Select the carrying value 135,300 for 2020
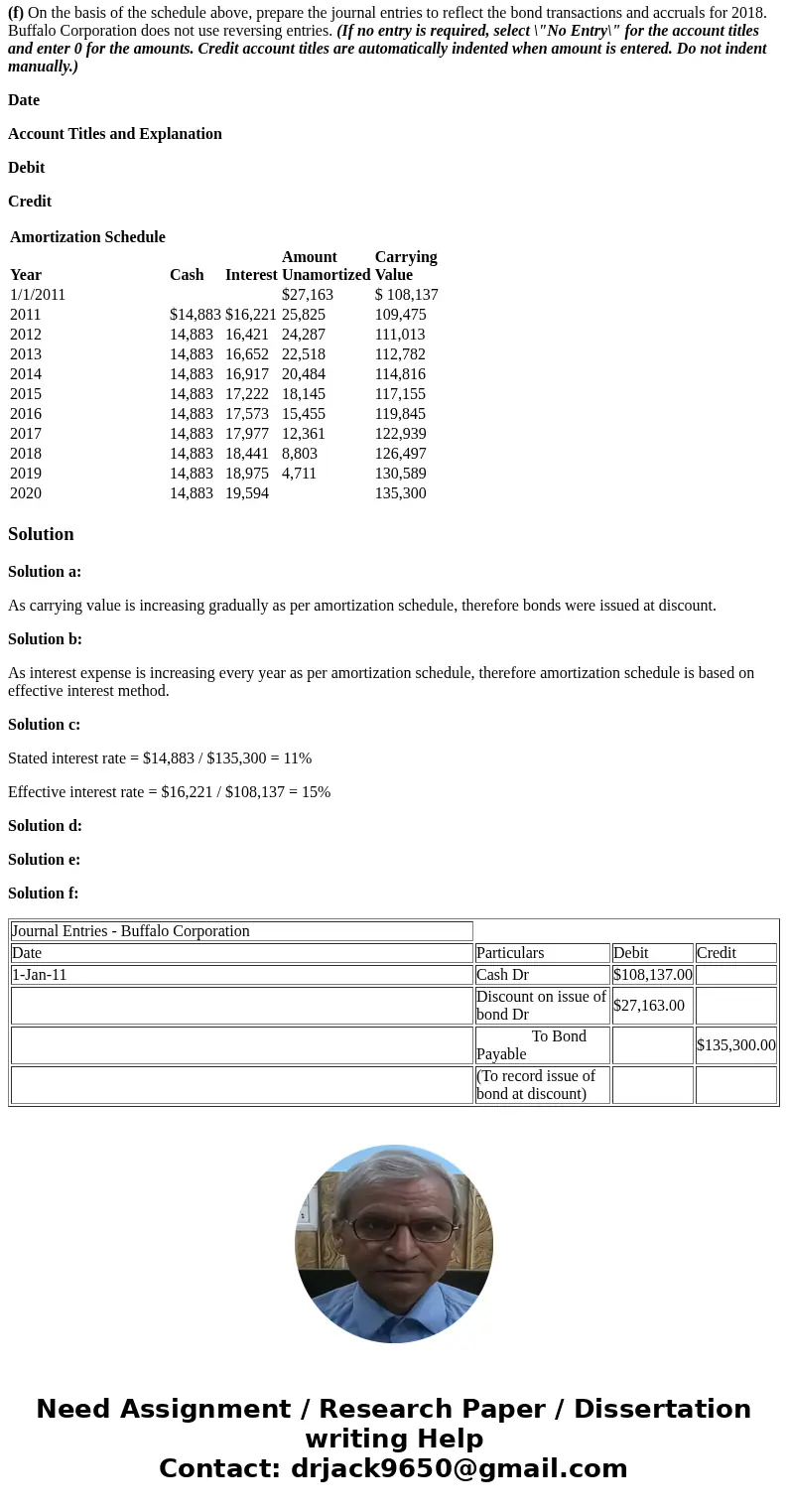(400, 493)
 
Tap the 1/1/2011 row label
(38, 295)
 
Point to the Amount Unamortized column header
(326, 266)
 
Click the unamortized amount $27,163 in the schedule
(308, 295)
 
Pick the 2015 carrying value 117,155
(400, 394)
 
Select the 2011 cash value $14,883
(196, 315)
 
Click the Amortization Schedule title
(87, 237)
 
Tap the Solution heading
(41, 534)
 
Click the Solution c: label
(44, 725)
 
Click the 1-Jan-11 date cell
(40, 975)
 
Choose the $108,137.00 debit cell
(652, 975)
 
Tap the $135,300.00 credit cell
(735, 1045)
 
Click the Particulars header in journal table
(510, 953)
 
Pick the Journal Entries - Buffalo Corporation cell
(131, 931)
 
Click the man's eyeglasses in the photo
(394, 1229)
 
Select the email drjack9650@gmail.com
(459, 1469)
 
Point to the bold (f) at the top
(16, 13)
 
